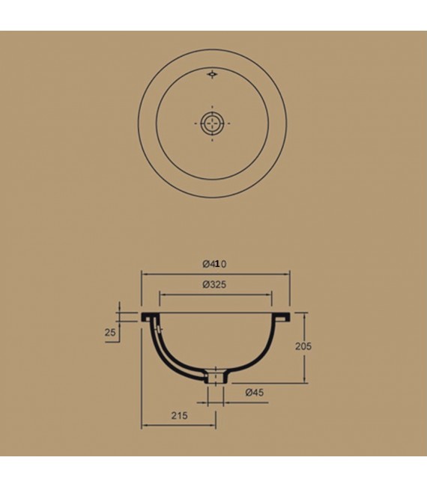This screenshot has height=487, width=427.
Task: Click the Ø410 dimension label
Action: point(215,263)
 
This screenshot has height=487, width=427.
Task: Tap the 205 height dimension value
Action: point(303,346)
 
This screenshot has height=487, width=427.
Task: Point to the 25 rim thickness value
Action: point(111,332)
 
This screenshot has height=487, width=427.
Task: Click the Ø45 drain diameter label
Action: point(254,392)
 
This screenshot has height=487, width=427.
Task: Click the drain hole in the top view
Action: point(213,123)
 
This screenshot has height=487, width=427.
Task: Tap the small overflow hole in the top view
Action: point(213,74)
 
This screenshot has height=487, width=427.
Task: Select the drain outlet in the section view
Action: point(214,377)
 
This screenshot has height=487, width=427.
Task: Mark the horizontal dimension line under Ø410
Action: point(215,274)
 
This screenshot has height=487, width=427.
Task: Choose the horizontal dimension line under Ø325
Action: point(215,294)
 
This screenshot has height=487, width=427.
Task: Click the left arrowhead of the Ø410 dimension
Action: point(145,274)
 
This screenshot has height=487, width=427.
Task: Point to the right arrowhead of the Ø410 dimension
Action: point(287,274)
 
